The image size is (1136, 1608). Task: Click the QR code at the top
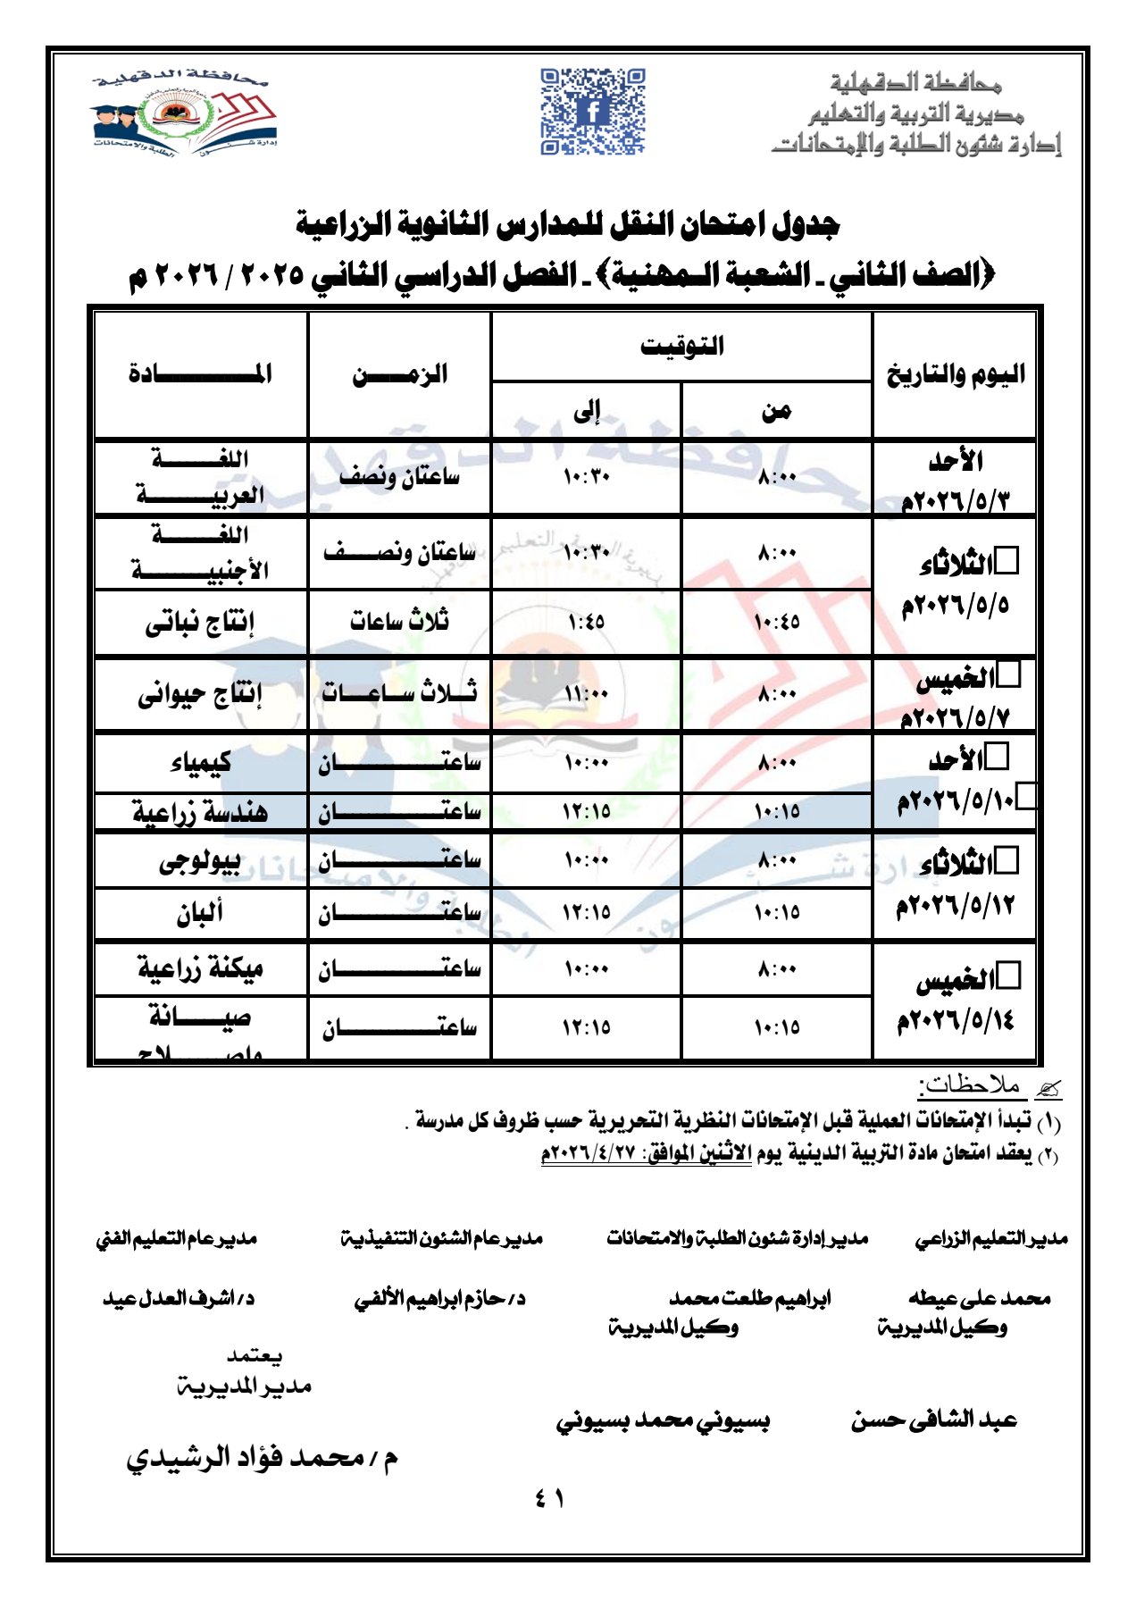point(592,111)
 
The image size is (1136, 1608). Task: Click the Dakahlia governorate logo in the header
point(184,112)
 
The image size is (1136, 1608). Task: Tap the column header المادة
point(200,373)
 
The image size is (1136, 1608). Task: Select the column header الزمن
point(399,373)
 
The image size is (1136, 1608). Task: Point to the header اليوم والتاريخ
point(955,374)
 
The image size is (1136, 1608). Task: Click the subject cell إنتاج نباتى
point(200,623)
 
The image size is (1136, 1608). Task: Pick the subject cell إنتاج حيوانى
point(200,694)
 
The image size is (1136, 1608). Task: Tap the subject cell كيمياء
point(200,762)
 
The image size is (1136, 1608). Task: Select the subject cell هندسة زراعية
point(200,811)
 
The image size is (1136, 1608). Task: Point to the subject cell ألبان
point(200,912)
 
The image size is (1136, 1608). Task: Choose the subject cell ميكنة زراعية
point(200,968)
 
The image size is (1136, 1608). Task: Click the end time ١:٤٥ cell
point(586,622)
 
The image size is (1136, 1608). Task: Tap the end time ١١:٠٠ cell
point(586,694)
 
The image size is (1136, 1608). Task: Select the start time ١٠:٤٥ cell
point(777,622)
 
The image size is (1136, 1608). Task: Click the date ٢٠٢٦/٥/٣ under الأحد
point(955,500)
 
